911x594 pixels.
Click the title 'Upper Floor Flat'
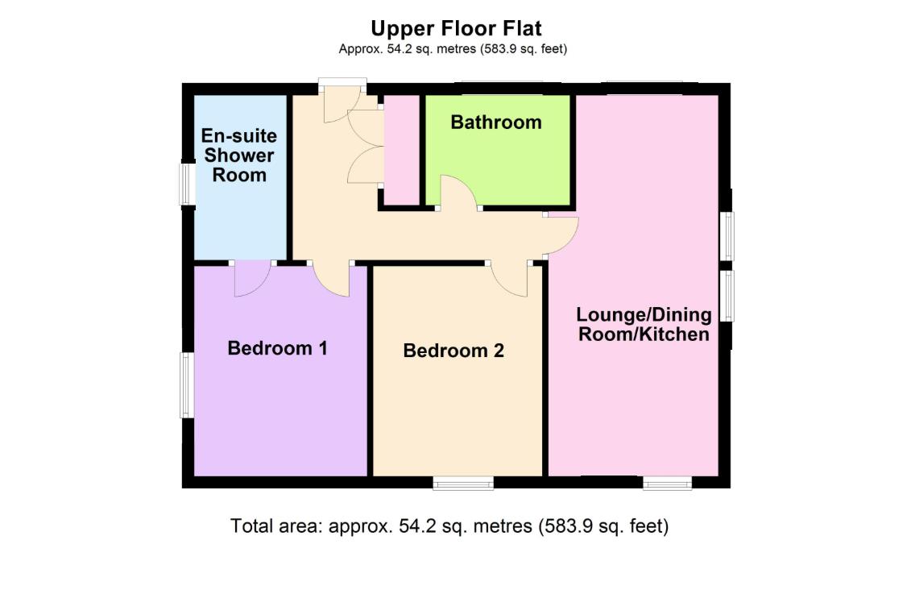point(455,28)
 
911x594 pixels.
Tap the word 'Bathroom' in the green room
point(495,123)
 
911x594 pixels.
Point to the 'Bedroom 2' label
point(453,351)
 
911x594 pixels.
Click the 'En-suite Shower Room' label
point(238,155)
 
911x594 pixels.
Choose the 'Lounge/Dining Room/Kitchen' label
point(644,324)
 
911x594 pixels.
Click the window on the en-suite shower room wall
point(187,184)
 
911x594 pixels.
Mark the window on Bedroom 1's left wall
point(187,385)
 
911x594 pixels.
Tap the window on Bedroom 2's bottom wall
point(463,484)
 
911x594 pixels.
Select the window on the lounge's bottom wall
point(667,484)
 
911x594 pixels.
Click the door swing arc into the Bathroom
point(458,193)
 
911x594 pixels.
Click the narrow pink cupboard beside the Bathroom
point(402,149)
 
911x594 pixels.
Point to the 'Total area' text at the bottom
point(449,526)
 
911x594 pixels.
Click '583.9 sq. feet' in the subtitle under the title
point(524,49)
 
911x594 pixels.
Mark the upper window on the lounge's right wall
point(727,235)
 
